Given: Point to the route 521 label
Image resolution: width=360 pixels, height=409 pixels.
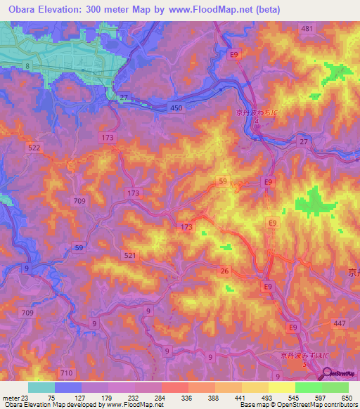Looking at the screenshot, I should tap(129, 255).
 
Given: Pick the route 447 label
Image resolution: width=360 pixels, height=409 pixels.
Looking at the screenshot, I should tap(339, 323).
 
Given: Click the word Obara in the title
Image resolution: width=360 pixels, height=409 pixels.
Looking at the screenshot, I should tap(20, 9).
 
